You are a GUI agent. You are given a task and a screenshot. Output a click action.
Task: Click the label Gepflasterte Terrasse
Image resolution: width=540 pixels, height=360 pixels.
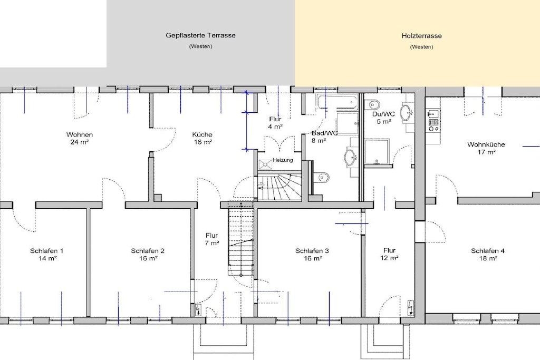coord(200,35)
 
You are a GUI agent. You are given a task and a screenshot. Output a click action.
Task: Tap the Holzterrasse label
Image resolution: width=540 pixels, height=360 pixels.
coord(421,36)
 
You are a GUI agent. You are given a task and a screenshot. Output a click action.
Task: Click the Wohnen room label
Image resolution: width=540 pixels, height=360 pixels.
coord(80,134)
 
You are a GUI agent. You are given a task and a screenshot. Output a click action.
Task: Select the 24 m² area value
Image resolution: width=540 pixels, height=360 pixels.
coord(80,142)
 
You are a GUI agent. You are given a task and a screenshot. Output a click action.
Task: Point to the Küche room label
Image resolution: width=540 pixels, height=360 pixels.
coord(202,134)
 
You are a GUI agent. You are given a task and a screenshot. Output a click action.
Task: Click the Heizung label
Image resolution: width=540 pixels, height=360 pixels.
coord(283,160)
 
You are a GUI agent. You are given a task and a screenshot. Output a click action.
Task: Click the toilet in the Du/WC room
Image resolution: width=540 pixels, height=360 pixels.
coord(373,104)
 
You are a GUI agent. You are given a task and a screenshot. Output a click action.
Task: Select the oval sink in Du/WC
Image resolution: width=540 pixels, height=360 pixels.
coord(407,112)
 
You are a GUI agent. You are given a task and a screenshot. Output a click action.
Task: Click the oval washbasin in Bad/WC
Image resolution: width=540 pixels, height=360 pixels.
coord(351,158)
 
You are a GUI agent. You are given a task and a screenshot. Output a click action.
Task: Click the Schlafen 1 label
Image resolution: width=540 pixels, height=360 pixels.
coord(46,251)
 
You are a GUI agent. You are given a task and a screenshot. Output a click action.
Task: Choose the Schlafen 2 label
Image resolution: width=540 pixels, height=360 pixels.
coord(148,251)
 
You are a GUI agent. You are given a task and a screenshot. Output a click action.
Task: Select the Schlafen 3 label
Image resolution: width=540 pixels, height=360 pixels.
coord(312,251)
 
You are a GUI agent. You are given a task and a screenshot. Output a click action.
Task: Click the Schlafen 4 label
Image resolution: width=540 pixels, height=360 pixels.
coord(488,251)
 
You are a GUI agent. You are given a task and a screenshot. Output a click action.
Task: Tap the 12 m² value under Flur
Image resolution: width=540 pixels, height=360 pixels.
coord(389,258)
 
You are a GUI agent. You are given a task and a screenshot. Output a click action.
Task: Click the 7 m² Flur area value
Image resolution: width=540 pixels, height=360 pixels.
coord(212,243)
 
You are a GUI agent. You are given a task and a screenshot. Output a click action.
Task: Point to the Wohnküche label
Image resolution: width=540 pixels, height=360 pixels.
coord(486,144)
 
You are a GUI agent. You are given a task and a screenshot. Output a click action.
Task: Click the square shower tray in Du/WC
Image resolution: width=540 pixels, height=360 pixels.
coord(377,150)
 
